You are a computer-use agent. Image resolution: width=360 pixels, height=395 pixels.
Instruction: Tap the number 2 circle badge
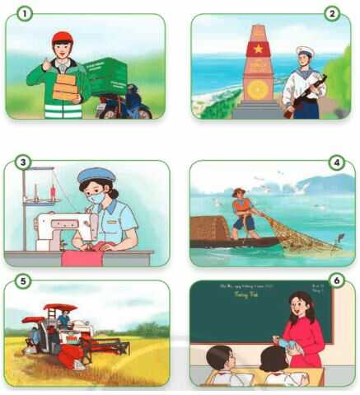pyautogui.click(x=333, y=13)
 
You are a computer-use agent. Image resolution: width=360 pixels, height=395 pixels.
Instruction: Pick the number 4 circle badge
pyautogui.click(x=335, y=162)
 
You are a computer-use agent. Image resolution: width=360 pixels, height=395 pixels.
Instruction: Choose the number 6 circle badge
pyautogui.click(x=335, y=282)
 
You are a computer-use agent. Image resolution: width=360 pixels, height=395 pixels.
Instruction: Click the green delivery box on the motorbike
pyautogui.click(x=107, y=76)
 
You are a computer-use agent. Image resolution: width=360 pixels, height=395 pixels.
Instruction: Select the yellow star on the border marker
pyautogui.click(x=258, y=49)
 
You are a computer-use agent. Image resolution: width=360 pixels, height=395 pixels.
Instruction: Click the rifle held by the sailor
pyautogui.click(x=305, y=95)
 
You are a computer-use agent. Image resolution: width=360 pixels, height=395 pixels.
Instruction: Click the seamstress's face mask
pyautogui.click(x=97, y=199)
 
